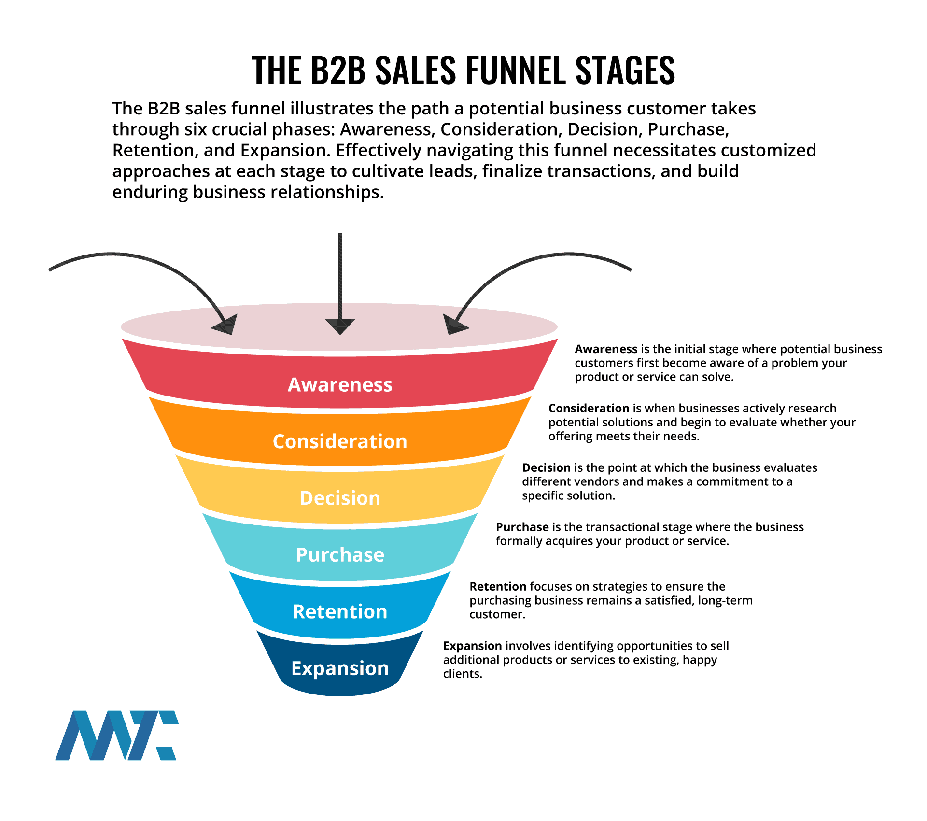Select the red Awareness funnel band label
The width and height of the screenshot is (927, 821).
coord(340,385)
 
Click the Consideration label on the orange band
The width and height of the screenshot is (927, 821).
coord(340,441)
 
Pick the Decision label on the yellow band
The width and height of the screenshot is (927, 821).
coord(340,498)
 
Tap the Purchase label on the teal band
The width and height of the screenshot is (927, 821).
coord(340,555)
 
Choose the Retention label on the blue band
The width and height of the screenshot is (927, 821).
coord(340,611)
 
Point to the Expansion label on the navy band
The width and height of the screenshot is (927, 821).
coord(340,668)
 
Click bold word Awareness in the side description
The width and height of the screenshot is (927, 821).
coord(606,349)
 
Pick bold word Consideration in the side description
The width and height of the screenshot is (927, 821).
coord(589,409)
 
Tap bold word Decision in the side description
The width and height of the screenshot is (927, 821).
coord(546,468)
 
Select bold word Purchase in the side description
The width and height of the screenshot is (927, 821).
coord(522,527)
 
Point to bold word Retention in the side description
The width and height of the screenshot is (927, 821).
coord(498,587)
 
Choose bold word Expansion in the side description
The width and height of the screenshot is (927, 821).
coord(473,646)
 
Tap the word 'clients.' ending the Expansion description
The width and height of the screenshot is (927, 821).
coord(463,674)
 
